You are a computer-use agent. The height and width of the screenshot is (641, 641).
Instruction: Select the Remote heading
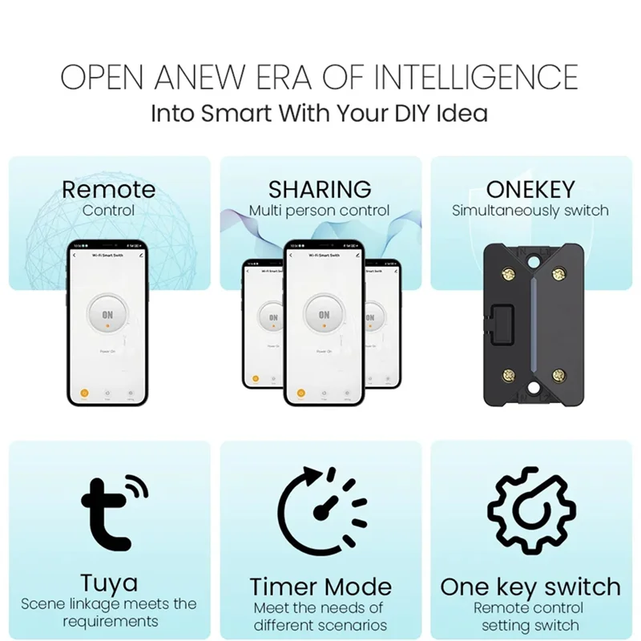(109, 190)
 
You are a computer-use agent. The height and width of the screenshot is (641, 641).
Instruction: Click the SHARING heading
(320, 190)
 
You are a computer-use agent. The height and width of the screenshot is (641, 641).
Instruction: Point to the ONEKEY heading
(530, 190)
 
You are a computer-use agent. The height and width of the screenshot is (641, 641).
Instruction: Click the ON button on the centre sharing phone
(324, 316)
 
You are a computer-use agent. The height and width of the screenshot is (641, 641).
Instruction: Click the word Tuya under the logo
(109, 583)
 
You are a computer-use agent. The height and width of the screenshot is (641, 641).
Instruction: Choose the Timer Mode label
(320, 587)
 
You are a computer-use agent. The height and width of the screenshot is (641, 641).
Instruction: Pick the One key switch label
(530, 587)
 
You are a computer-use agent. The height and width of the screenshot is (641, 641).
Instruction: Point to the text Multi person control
(319, 212)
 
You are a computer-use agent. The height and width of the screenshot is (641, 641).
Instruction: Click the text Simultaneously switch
(530, 212)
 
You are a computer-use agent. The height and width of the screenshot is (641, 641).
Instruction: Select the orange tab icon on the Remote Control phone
(84, 393)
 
